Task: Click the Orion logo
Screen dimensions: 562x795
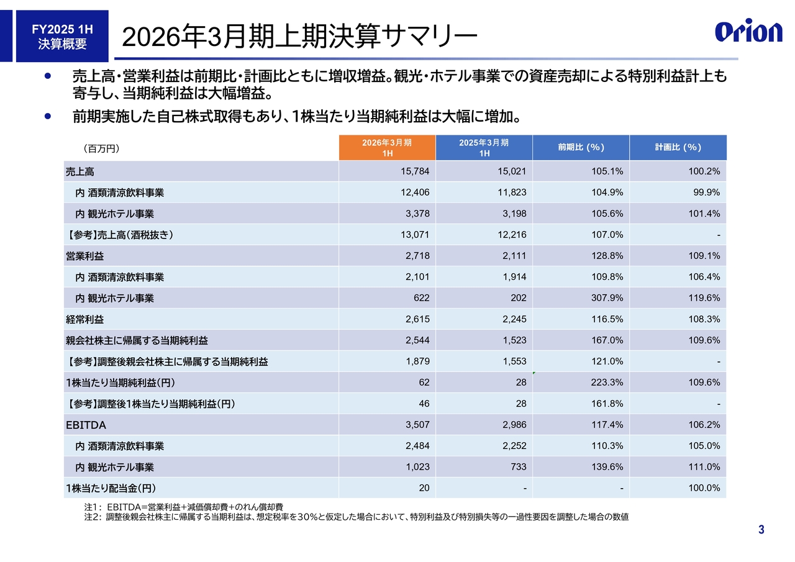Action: (x=748, y=32)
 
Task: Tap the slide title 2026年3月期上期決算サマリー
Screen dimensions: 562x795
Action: (x=299, y=37)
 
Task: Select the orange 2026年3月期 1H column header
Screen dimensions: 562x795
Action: (x=387, y=148)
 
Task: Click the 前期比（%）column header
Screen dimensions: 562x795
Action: (x=581, y=148)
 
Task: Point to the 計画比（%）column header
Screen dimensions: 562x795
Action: (x=678, y=148)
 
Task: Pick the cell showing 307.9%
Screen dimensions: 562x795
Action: (x=607, y=298)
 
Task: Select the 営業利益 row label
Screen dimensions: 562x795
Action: (x=85, y=256)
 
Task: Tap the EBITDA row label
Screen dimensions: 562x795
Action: (x=86, y=425)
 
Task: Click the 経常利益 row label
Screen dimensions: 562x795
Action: (x=85, y=319)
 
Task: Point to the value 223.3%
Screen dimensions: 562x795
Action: (x=607, y=383)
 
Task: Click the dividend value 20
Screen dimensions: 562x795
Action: (x=424, y=488)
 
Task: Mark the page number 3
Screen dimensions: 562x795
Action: (x=761, y=530)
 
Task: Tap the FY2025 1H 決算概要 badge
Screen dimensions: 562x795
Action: (x=62, y=37)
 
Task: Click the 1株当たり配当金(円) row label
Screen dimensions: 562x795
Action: (x=116, y=488)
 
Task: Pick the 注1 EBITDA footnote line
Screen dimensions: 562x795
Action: (x=184, y=507)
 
